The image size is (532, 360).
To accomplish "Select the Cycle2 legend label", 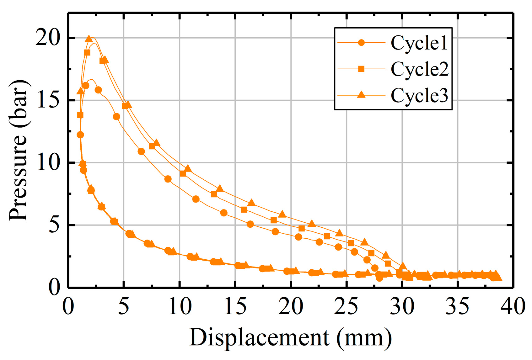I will coord(420,69).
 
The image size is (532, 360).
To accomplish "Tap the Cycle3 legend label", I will coord(420,95).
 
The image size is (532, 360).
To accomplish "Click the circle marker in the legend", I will coord(362,43).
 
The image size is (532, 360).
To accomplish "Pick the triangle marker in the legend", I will coord(362,94).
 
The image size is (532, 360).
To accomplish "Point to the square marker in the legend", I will coord(362,69).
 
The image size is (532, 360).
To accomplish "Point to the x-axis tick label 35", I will coord(457,306).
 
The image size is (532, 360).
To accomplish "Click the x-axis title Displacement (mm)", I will coord(290,338).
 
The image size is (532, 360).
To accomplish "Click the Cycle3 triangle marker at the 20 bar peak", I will coord(89,39).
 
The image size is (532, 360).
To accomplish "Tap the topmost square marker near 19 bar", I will coord(87,53).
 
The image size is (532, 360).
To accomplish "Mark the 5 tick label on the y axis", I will coord(54,225).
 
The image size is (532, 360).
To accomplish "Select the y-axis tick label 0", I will coord(54,287).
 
